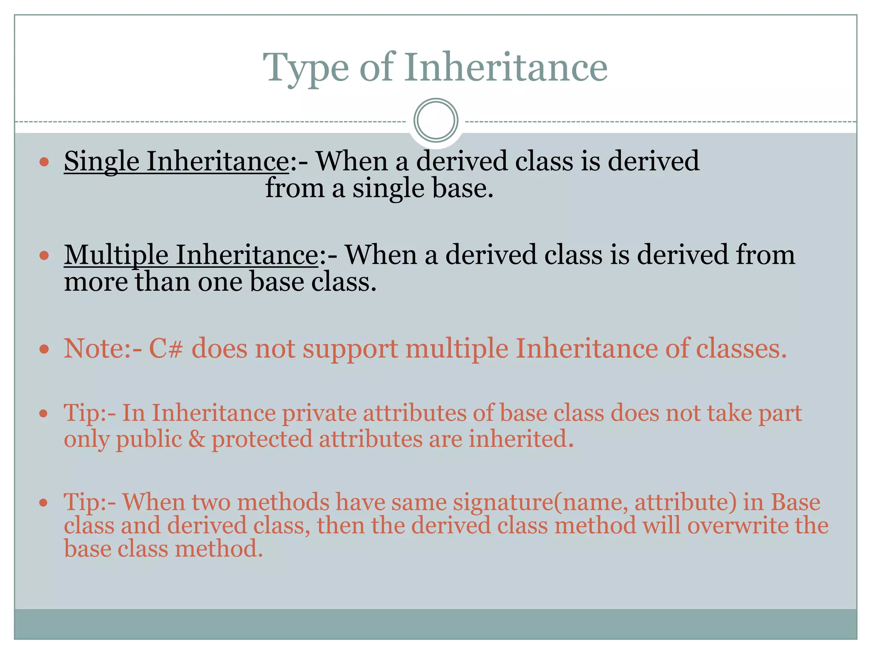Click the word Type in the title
point(306,68)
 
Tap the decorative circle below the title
point(436,120)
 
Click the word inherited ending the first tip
point(521,439)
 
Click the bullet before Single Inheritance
point(44,162)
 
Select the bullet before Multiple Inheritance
point(44,256)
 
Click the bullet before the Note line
point(44,350)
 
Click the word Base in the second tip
point(795,502)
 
